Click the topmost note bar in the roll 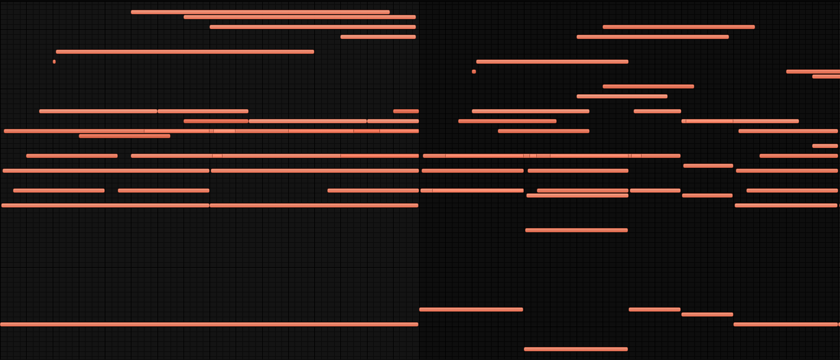pyautogui.click(x=260, y=12)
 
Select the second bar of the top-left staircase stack pyautogui.click(x=299, y=17)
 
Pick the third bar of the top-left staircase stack pyautogui.click(x=312, y=27)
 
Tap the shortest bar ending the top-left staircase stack pyautogui.click(x=378, y=37)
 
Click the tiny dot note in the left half pyautogui.click(x=54, y=61)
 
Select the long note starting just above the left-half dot pyautogui.click(x=185, y=51)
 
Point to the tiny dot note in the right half pyautogui.click(x=474, y=71)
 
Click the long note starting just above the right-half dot pyautogui.click(x=552, y=61)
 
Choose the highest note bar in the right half pyautogui.click(x=678, y=27)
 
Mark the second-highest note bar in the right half pyautogui.click(x=652, y=37)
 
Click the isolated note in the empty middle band pyautogui.click(x=576, y=230)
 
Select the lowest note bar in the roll pyautogui.click(x=575, y=349)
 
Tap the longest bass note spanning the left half pyautogui.click(x=209, y=324)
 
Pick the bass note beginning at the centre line pyautogui.click(x=471, y=309)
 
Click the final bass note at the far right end pyautogui.click(x=785, y=324)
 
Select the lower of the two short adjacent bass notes pyautogui.click(x=707, y=314)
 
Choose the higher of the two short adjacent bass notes pyautogui.click(x=654, y=309)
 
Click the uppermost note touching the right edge pyautogui.click(x=813, y=71)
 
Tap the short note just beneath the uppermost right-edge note pyautogui.click(x=826, y=76)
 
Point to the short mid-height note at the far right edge pyautogui.click(x=825, y=146)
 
